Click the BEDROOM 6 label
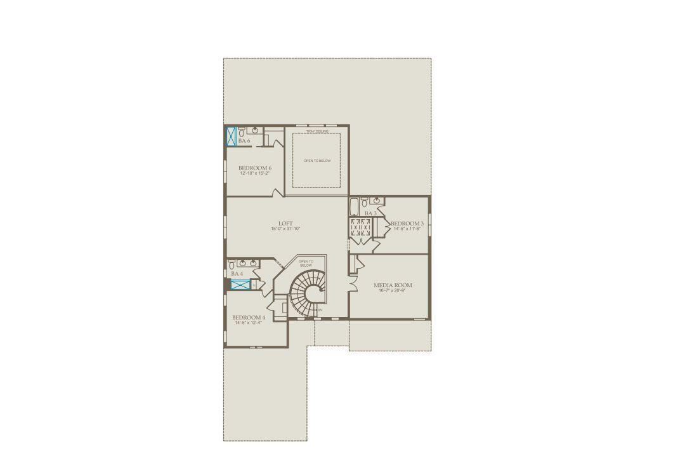255,168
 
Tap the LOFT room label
285,223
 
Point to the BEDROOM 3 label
407,224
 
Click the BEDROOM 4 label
249,317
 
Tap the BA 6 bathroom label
244,141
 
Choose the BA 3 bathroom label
370,213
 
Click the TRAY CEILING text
317,131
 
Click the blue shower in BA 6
232,137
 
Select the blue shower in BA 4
240,285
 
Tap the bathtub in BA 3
354,207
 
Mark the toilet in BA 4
232,264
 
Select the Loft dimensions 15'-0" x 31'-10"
285,229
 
